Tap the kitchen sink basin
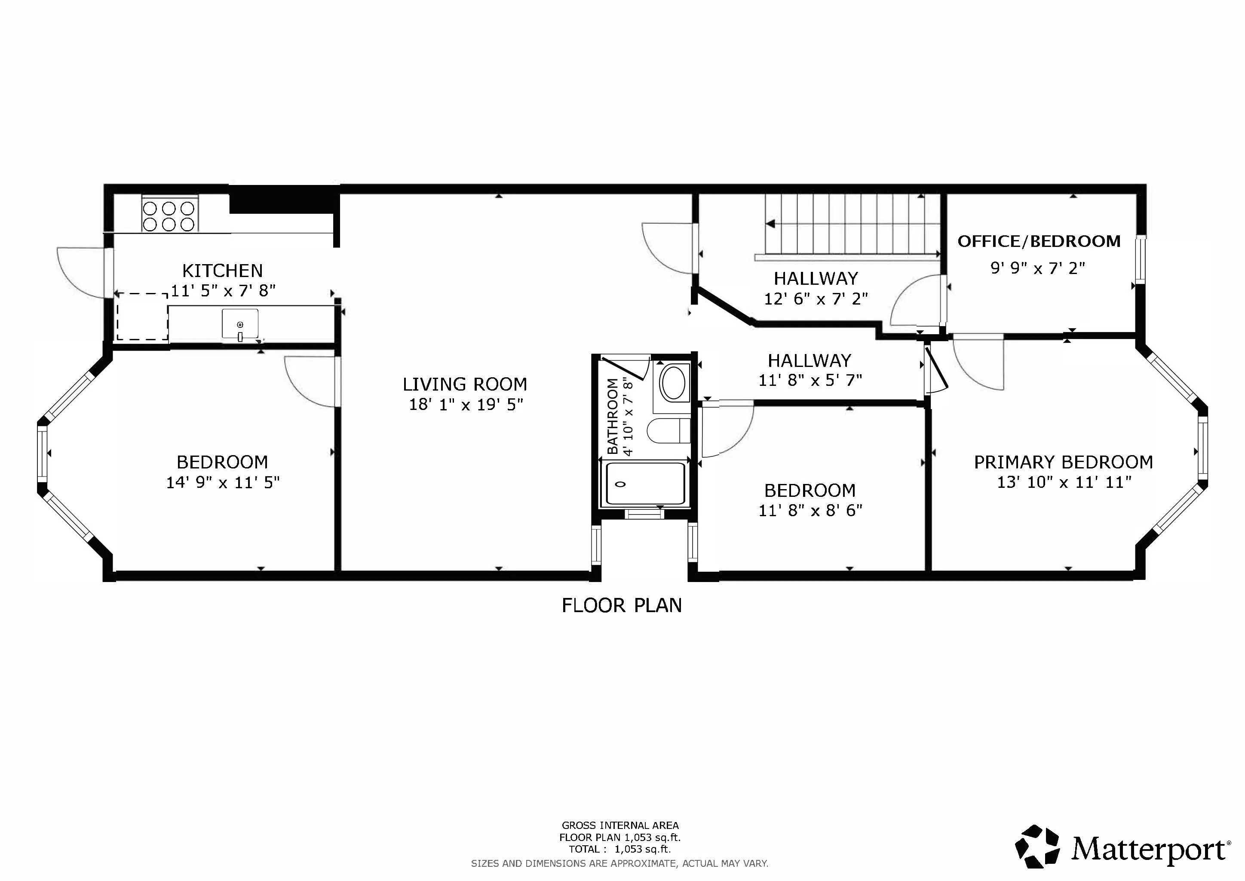[x=240, y=323]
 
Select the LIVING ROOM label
[x=465, y=385]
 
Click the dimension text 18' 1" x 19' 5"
[x=465, y=405]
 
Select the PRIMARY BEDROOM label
[x=1063, y=462]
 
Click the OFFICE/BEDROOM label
[x=1038, y=241]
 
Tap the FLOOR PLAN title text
[x=621, y=605]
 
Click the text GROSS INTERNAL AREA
[x=620, y=826]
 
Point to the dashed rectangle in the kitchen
[x=142, y=317]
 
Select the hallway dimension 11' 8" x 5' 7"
[x=810, y=380]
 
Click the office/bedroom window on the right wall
[x=1141, y=259]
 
